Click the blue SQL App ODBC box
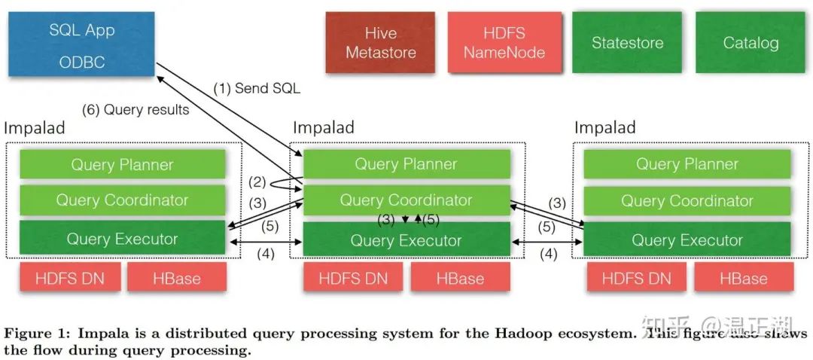(82, 45)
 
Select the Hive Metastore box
(380, 43)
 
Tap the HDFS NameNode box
(504, 43)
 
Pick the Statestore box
(627, 43)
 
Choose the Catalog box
(750, 43)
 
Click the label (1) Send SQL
(257, 88)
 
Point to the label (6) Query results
(135, 110)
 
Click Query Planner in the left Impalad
(122, 164)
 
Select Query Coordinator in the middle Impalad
(406, 200)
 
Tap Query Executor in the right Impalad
(687, 240)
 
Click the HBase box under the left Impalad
(176, 278)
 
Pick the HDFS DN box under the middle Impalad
(353, 278)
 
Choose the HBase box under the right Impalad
(743, 278)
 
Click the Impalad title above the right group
(604, 127)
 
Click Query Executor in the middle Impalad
(406, 240)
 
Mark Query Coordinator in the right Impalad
(687, 200)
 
